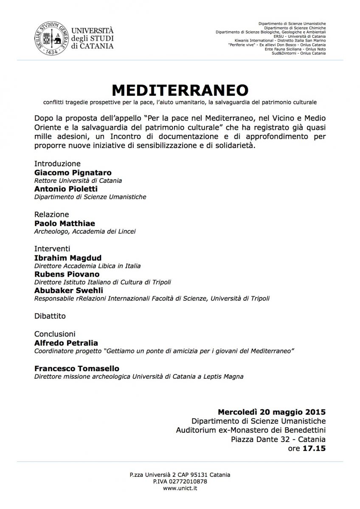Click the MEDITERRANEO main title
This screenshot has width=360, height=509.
pyautogui.click(x=180, y=90)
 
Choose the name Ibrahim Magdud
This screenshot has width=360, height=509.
pyautogui.click(x=67, y=257)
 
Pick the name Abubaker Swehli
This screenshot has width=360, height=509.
pyautogui.click(x=68, y=291)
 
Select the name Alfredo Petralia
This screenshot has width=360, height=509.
pyautogui.click(x=67, y=343)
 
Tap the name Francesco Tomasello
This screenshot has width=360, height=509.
pyautogui.click(x=76, y=368)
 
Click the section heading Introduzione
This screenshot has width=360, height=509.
pyautogui.click(x=57, y=164)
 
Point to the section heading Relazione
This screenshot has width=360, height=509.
pyautogui.click(x=51, y=215)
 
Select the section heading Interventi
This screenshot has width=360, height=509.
pyautogui.click(x=52, y=249)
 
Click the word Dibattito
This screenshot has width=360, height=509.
pyautogui.click(x=50, y=316)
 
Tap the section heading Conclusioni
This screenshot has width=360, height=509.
pyautogui.click(x=54, y=334)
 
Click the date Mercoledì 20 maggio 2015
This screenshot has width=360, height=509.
pyautogui.click(x=272, y=412)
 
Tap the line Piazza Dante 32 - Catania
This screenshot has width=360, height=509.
pyautogui.click(x=278, y=439)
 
